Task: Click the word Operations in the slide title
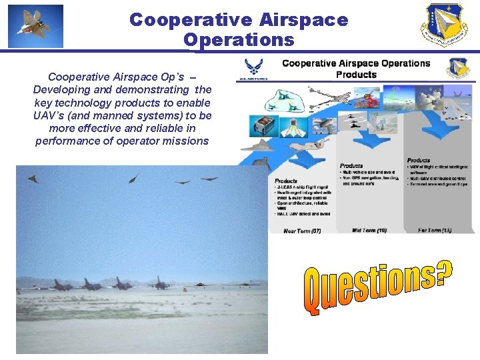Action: (239, 40)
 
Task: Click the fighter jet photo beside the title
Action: (36, 26)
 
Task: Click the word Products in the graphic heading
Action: (356, 75)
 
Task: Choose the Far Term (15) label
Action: (435, 230)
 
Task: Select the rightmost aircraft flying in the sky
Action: (210, 178)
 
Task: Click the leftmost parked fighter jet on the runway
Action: (62, 285)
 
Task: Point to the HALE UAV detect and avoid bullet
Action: (303, 213)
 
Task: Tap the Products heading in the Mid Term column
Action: (351, 165)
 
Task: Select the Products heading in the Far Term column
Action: (419, 160)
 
